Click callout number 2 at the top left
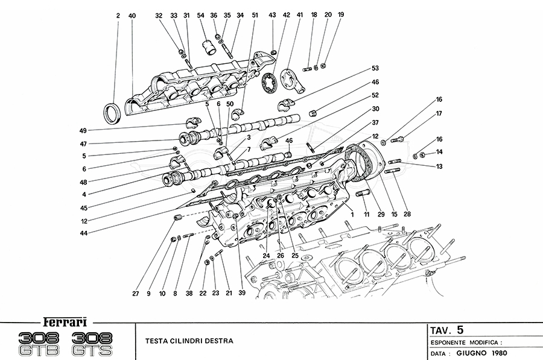coord(118,15)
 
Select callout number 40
coord(132,15)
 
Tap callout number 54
coord(201,15)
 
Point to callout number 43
coord(273,15)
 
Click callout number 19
coord(341,14)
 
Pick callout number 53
coord(375,68)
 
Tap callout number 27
coord(136,294)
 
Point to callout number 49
coord(82,130)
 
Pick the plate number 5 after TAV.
coord(460,329)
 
